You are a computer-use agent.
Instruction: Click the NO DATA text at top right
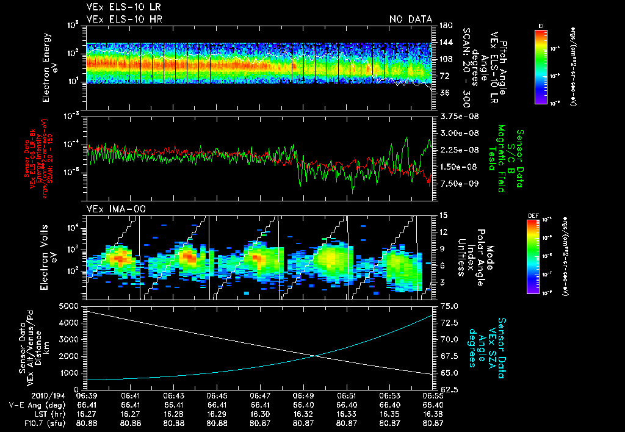[410, 20]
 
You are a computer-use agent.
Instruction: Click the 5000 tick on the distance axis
[70, 305]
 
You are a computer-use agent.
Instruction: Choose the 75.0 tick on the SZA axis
[449, 305]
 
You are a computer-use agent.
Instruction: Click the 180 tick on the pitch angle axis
[446, 26]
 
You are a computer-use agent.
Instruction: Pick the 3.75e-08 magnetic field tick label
[457, 116]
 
